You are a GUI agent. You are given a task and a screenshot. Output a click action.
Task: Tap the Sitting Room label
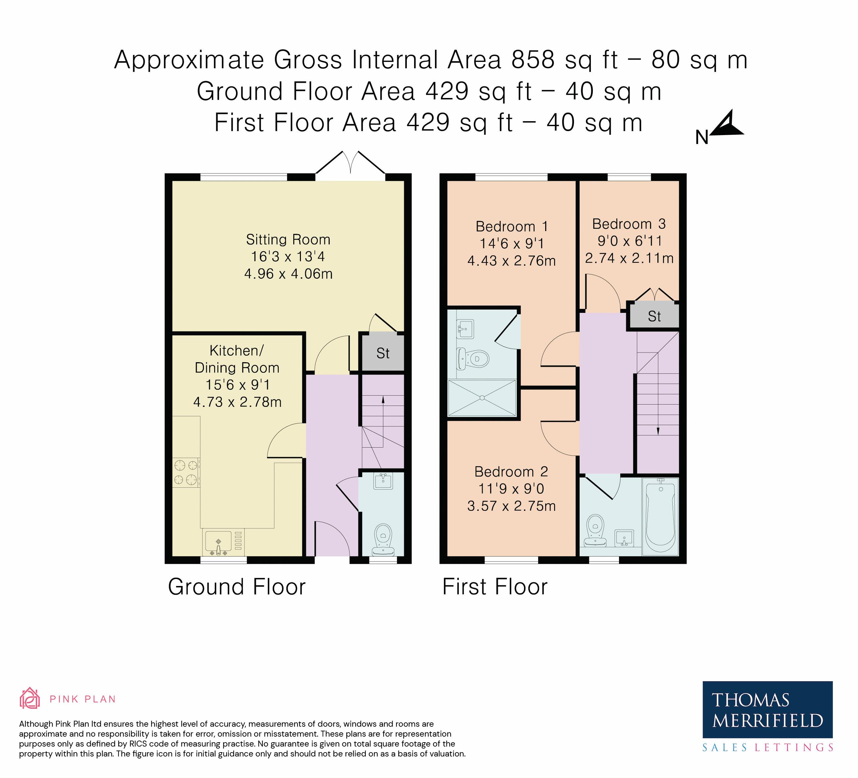click(288, 240)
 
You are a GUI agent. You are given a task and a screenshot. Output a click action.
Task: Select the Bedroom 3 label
click(629, 224)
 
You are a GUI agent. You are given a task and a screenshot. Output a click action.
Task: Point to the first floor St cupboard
click(654, 316)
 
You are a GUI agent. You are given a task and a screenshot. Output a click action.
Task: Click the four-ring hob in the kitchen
click(186, 472)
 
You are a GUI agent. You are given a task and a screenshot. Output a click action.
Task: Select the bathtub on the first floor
click(660, 516)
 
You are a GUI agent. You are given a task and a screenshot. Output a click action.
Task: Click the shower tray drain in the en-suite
click(482, 398)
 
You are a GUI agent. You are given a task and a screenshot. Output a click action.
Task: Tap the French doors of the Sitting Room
click(350, 163)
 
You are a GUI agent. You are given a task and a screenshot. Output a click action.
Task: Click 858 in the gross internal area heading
click(533, 60)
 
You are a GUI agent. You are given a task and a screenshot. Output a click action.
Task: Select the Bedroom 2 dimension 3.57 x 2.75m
click(511, 506)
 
